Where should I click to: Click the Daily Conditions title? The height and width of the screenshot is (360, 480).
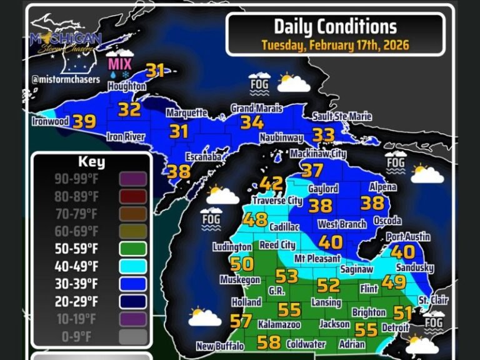(x=335, y=26)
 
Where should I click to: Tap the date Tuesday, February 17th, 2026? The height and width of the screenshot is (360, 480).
(x=335, y=45)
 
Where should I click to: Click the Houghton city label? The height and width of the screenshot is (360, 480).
(x=127, y=87)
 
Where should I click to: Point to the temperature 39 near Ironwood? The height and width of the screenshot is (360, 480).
(x=84, y=121)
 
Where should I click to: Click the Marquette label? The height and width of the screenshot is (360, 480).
(x=186, y=113)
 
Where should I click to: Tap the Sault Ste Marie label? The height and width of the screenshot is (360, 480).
(x=342, y=117)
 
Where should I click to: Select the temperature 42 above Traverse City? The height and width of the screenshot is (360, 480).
(x=271, y=184)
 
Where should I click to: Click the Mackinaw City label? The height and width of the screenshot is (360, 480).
(x=319, y=153)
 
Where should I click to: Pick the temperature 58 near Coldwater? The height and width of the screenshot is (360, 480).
(x=269, y=342)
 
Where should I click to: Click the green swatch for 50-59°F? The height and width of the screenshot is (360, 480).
(x=133, y=249)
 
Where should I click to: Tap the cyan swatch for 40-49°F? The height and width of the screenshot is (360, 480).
(x=133, y=266)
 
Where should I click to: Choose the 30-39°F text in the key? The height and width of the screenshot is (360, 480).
(x=77, y=284)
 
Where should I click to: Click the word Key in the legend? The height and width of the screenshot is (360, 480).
(x=91, y=162)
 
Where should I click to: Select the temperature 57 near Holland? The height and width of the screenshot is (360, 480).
(x=241, y=321)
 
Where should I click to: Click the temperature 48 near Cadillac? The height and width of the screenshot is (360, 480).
(x=255, y=220)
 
